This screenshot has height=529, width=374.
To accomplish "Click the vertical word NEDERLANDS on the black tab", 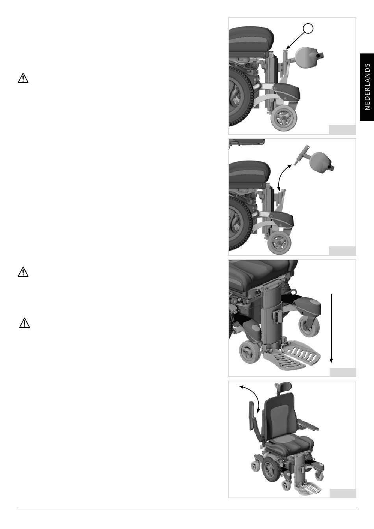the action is pos(367,87).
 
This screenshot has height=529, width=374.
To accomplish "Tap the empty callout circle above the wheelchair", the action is pos(308,29).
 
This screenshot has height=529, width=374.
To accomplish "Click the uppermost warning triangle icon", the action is pos(23,78).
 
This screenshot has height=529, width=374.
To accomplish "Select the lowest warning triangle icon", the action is pos(24,323).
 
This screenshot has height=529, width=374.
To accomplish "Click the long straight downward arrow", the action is pos(331,328).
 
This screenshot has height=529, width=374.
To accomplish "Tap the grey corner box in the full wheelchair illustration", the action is pos(343,493).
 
